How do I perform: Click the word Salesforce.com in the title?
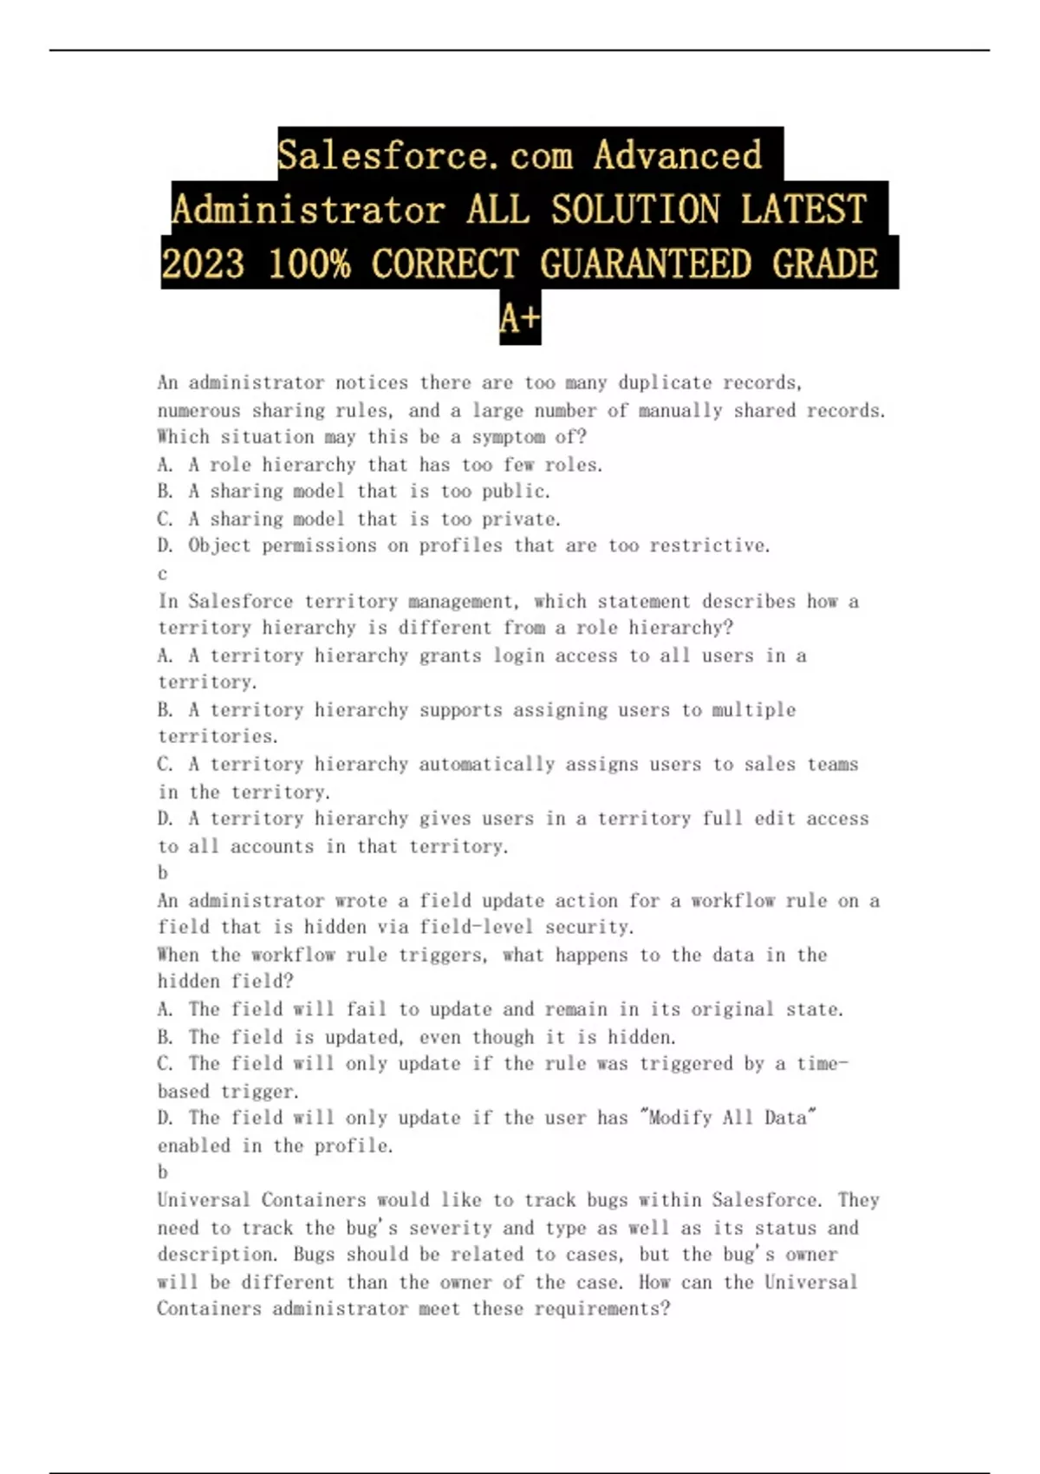425,156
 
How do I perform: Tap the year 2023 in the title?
203,264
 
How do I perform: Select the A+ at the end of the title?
520,318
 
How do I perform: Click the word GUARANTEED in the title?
646,264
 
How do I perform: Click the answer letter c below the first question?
162,574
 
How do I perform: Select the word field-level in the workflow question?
477,927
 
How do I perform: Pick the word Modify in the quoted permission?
679,1118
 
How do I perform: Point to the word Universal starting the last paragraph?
204,1200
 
